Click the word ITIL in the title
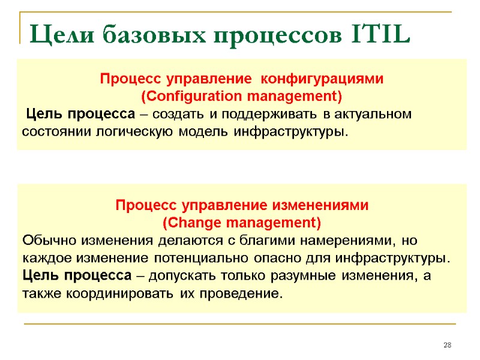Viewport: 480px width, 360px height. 378,35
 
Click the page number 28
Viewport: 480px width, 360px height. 447,345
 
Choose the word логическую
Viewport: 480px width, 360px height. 161,131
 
